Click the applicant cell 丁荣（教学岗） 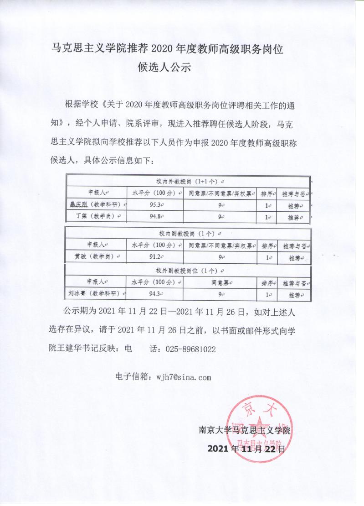[97, 217]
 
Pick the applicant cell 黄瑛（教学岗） [97, 257]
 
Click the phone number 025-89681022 [189, 349]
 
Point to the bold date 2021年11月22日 [246, 449]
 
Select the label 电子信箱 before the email [132, 377]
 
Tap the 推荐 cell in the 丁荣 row [295, 217]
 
